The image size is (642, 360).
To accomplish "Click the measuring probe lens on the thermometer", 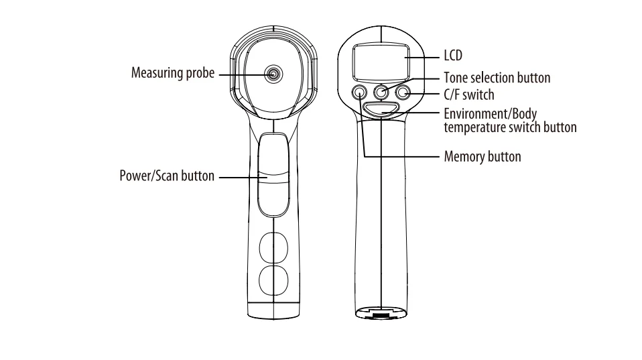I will pyautogui.click(x=273, y=74).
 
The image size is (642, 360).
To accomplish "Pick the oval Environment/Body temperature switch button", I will pyautogui.click(x=381, y=109).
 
